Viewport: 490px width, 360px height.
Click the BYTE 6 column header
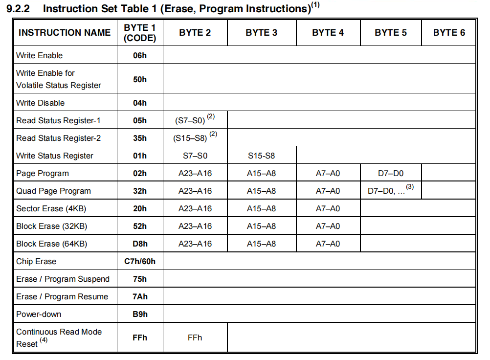pyautogui.click(x=449, y=33)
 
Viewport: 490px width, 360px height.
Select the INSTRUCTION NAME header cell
pyautogui.click(x=65, y=33)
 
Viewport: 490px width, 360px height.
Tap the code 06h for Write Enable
pyautogui.click(x=140, y=55)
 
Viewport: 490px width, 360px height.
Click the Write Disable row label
pyautogui.click(x=40, y=103)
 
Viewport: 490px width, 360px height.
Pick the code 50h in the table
pyautogui.click(x=140, y=79)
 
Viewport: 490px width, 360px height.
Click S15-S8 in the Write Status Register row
pyautogui.click(x=261, y=156)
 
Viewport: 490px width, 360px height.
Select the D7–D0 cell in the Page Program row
pyautogui.click(x=390, y=173)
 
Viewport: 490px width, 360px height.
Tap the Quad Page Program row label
pyautogui.click(x=53, y=191)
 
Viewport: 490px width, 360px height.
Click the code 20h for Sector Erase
pyautogui.click(x=140, y=208)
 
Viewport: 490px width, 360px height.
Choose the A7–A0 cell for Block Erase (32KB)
pyautogui.click(x=328, y=226)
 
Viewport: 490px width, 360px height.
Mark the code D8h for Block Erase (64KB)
pyautogui.click(x=140, y=244)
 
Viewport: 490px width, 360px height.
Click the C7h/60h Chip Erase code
pyautogui.click(x=140, y=261)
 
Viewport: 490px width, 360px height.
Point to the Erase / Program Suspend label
pyautogui.click(x=63, y=279)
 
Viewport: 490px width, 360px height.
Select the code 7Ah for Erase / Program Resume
pyautogui.click(x=140, y=296)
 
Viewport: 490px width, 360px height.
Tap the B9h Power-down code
pyautogui.click(x=140, y=314)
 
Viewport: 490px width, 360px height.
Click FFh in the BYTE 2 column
pyautogui.click(x=195, y=337)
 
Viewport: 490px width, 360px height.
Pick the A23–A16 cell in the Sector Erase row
pyautogui.click(x=195, y=208)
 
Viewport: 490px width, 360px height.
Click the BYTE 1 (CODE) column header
pyautogui.click(x=140, y=33)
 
